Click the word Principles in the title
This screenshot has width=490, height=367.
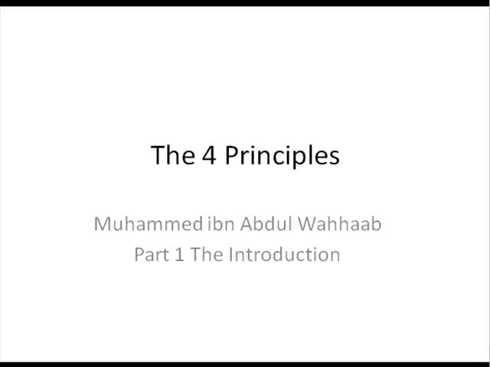(282, 156)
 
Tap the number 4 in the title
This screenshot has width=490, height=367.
(209, 154)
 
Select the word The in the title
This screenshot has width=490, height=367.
(173, 154)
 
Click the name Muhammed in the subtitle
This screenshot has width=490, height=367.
(149, 224)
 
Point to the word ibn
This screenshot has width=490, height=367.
(221, 223)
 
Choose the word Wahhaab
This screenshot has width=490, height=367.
(339, 223)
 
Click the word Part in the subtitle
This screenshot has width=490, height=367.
(152, 255)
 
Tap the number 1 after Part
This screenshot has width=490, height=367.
(179, 254)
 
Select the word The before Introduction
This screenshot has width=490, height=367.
(207, 254)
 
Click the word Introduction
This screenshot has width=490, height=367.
(284, 254)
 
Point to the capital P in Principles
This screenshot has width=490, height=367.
(231, 154)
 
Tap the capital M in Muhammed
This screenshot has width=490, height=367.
(102, 224)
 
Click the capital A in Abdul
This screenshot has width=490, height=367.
(247, 224)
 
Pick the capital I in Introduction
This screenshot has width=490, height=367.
(231, 255)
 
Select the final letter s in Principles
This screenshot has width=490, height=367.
(335, 158)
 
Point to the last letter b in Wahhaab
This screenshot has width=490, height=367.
(376, 223)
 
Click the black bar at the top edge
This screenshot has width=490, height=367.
(245, 3)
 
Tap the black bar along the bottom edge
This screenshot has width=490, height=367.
(245, 365)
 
